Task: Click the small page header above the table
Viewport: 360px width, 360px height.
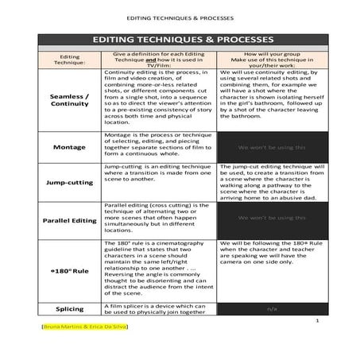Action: [180, 17]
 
